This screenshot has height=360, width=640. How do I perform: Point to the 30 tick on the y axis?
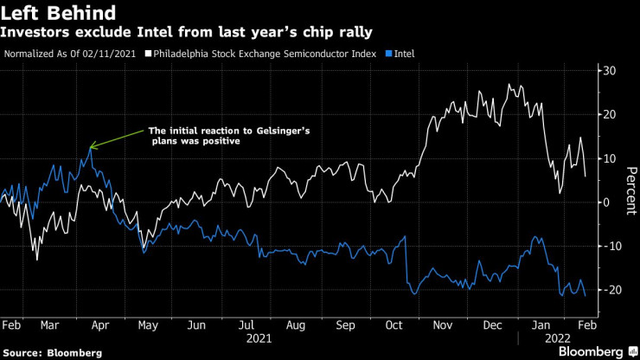click(x=609, y=71)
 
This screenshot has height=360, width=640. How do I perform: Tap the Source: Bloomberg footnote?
click(x=51, y=353)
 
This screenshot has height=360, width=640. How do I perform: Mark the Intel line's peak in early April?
click(x=91, y=148)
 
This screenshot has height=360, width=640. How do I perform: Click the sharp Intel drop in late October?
click(x=405, y=260)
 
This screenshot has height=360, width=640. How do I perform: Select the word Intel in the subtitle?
click(x=144, y=33)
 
